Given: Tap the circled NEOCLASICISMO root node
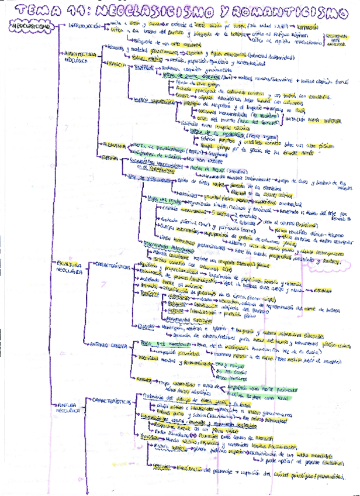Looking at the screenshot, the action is click(x=28, y=26).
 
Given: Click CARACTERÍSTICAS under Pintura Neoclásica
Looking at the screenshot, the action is click(x=109, y=401).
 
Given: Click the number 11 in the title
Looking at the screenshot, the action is click(x=75, y=11).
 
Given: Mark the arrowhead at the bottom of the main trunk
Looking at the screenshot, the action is click(x=86, y=491).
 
